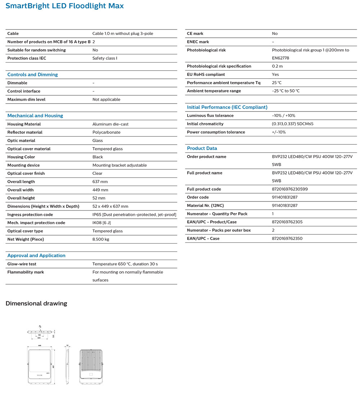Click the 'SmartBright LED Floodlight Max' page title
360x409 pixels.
click(x=65, y=6)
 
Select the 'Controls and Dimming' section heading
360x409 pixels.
click(x=32, y=75)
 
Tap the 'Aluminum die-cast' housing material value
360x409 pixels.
click(x=110, y=124)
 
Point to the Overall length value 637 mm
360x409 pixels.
click(x=100, y=182)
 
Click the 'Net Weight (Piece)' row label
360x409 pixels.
click(x=26, y=239)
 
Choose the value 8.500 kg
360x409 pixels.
click(x=101, y=239)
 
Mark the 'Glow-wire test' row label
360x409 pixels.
click(x=22, y=264)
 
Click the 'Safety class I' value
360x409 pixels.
click(x=105, y=58)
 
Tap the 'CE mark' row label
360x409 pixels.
click(x=195, y=33)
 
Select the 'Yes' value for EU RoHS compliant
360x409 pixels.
click(x=275, y=74)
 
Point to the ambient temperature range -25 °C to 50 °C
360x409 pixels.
click(x=286, y=91)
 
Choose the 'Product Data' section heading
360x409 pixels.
click(x=202, y=149)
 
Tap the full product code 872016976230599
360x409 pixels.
click(x=290, y=189)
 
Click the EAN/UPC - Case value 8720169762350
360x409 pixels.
click(x=287, y=238)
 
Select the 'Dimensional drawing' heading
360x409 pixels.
click(x=36, y=304)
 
